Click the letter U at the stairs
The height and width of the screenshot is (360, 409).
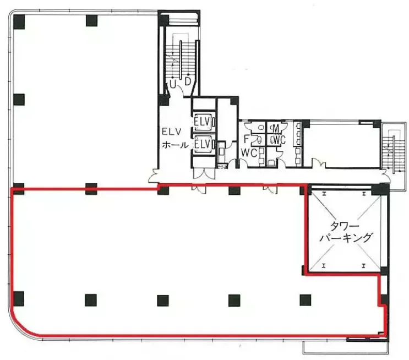173,84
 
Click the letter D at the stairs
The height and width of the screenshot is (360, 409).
188,81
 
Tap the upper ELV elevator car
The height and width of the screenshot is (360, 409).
204,121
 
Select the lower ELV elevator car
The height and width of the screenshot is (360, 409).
204,144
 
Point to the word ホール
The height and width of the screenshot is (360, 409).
175,145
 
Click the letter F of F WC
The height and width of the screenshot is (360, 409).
246,139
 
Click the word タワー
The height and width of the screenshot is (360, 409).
341,226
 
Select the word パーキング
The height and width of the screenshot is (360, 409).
345,238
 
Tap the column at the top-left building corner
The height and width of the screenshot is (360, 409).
19,21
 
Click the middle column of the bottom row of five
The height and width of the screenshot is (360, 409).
163,301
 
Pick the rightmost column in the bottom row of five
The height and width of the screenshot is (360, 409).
305,300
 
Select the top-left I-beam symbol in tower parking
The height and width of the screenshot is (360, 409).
324,194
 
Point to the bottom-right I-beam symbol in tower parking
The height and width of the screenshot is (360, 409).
363,266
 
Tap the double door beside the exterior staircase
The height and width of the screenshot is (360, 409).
386,176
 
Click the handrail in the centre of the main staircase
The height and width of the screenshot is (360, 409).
181,60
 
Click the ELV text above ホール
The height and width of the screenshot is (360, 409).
171,132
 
